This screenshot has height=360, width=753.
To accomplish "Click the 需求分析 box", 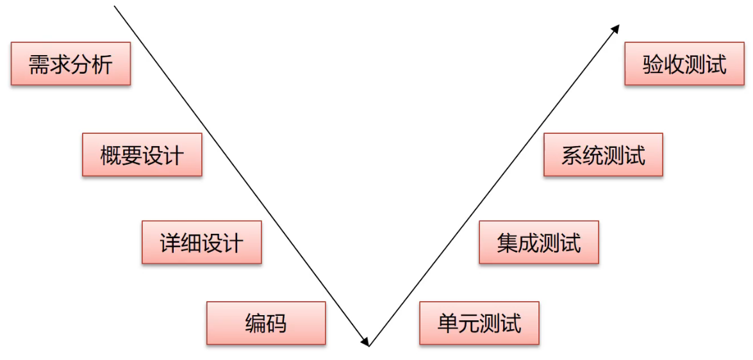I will pos(70,64).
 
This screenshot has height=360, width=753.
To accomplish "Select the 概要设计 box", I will pos(142,155).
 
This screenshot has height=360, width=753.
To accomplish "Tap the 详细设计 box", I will pos(201,243).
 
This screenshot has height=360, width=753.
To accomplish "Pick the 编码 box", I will pos(266,323).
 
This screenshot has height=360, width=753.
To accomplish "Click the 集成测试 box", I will pos(538,243).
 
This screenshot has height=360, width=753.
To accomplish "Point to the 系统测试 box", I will pos(603,155).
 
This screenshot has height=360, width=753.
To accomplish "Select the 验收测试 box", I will pos(684,64).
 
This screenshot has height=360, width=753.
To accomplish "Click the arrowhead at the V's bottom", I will pos(366,341).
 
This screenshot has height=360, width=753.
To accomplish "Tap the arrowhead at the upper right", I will pos(616,29).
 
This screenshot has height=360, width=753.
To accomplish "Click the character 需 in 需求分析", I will pos(39,65).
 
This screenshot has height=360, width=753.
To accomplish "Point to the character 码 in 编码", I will pos(276,323).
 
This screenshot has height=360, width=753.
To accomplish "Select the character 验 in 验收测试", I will pos(653,65).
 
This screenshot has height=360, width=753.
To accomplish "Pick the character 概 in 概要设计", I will pos(111,156).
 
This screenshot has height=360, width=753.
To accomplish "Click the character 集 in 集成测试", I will pos(508,243).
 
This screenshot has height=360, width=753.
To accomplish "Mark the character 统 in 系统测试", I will pos(593,156).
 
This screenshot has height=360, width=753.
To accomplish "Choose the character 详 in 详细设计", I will pos(170,243).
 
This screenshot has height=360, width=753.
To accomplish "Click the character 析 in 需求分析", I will pos(102,65).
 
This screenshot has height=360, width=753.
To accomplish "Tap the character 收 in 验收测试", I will pos(674,65).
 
